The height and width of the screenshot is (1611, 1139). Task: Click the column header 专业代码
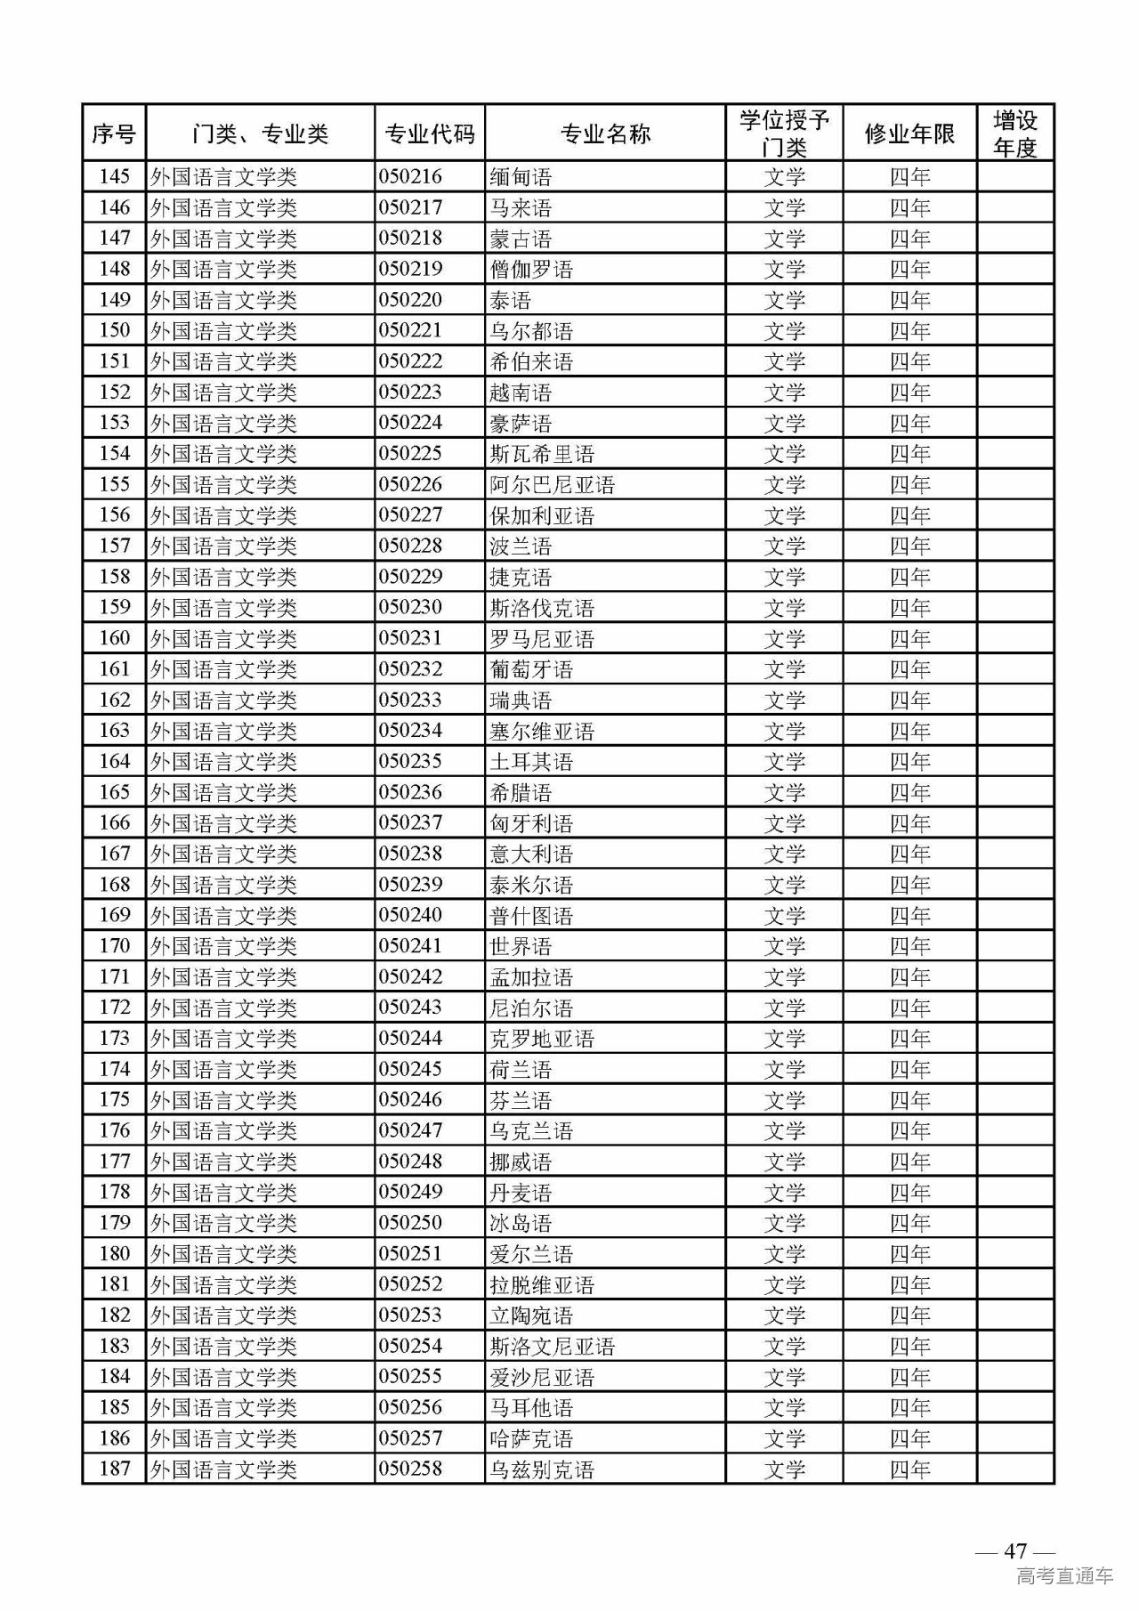[429, 134]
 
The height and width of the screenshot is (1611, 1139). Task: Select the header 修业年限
[909, 134]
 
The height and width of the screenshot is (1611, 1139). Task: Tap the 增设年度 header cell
[1014, 134]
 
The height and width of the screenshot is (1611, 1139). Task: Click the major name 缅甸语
[521, 177]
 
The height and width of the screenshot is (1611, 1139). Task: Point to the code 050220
[410, 300]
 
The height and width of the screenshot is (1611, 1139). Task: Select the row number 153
[115, 423]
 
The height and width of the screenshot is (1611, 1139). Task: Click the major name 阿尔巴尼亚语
[553, 485]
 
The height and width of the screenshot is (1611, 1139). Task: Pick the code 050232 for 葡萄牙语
[410, 669]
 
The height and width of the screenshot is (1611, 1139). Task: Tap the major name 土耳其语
[531, 762]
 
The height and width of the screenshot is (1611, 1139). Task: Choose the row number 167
[115, 854]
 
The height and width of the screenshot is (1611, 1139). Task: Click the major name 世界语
[521, 946]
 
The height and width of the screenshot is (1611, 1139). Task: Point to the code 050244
[410, 1039]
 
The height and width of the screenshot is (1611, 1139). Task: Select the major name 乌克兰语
[531, 1131]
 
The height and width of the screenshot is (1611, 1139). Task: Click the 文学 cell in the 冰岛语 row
[784, 1223]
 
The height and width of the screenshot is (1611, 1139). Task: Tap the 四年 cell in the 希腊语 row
[909, 792]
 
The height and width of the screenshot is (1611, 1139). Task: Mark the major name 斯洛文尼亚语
[553, 1347]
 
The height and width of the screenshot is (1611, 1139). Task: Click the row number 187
[115, 1469]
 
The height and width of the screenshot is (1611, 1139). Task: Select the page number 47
[1015, 1550]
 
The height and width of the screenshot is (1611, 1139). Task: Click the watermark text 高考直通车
[1064, 1576]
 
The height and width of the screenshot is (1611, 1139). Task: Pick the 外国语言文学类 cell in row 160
[223, 639]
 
